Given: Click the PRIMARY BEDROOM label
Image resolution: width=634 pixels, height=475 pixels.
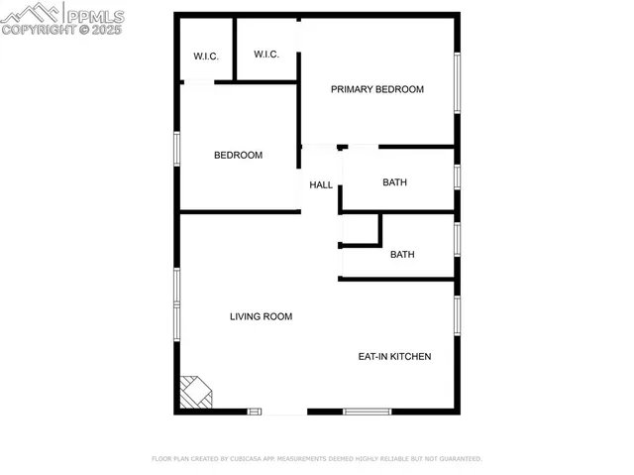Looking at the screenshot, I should pyautogui.click(x=376, y=89).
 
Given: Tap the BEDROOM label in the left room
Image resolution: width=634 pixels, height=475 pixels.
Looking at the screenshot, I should pyautogui.click(x=239, y=155).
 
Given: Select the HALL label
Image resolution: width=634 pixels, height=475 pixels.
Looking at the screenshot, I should pyautogui.click(x=321, y=184).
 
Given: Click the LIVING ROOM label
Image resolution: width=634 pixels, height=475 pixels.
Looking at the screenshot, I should pyautogui.click(x=261, y=317).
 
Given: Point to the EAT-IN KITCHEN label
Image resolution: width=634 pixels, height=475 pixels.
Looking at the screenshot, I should pyautogui.click(x=394, y=356).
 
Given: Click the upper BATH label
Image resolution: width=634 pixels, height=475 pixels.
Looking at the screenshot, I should pyautogui.click(x=395, y=182).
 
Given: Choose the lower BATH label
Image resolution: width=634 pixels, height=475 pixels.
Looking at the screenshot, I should pyautogui.click(x=402, y=255).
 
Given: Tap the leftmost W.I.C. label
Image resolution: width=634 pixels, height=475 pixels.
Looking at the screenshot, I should pyautogui.click(x=206, y=57).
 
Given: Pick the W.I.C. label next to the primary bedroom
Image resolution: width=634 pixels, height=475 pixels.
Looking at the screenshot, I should pyautogui.click(x=265, y=54).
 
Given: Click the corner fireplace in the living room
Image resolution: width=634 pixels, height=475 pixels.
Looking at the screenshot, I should pyautogui.click(x=195, y=393).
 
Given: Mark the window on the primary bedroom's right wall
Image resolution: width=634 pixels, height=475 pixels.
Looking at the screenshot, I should pyautogui.click(x=457, y=82).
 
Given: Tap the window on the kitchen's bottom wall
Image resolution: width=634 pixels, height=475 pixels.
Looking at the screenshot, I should pyautogui.click(x=367, y=412).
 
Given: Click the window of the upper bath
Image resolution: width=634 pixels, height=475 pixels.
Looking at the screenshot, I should pyautogui.click(x=457, y=177).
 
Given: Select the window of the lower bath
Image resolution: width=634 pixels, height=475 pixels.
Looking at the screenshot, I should pyautogui.click(x=457, y=239).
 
